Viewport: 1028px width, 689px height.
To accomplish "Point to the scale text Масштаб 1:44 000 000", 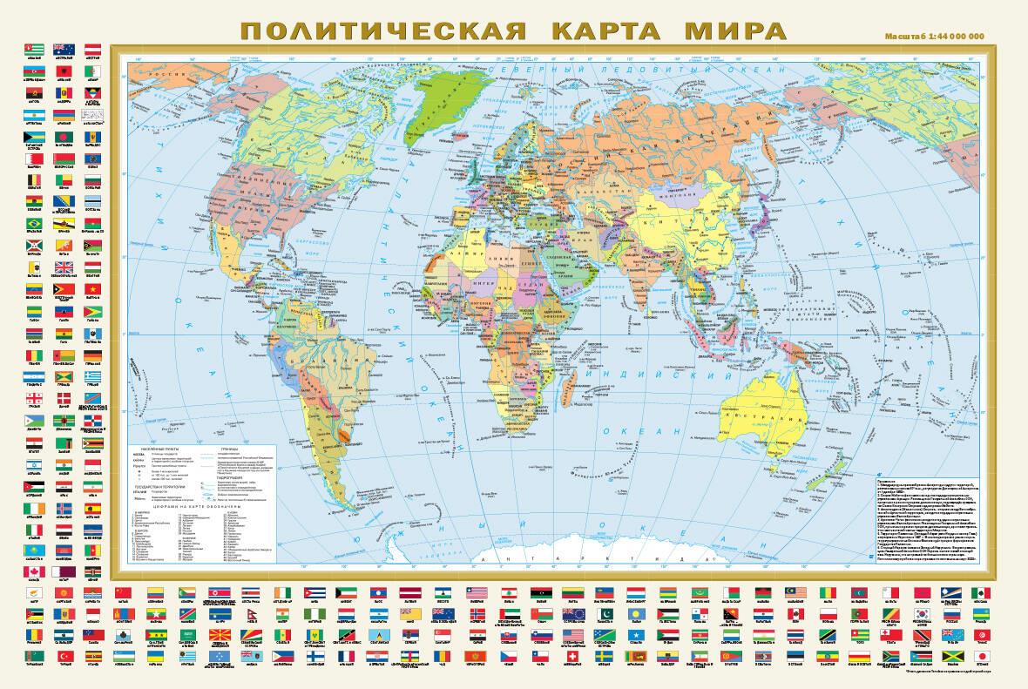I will click(934, 36).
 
